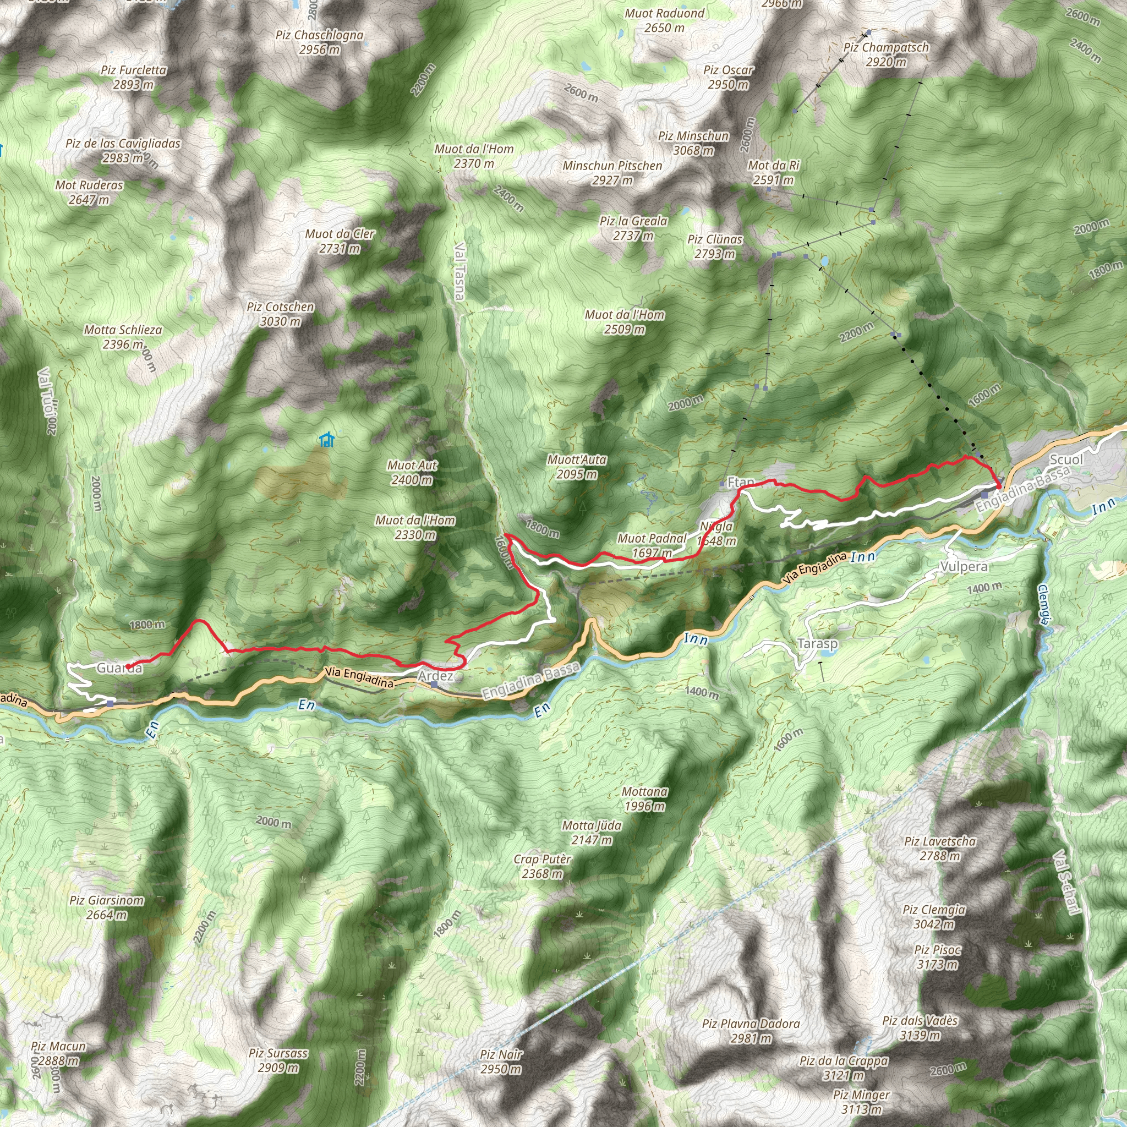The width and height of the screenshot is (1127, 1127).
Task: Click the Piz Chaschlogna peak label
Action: pyautogui.click(x=319, y=42)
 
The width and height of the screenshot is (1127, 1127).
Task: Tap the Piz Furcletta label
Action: pyautogui.click(x=134, y=77)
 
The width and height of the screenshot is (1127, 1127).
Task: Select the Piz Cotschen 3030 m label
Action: pyautogui.click(x=280, y=314)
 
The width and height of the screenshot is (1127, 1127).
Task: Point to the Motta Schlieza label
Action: pyautogui.click(x=123, y=337)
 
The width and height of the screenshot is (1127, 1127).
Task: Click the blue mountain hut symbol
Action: pyautogui.click(x=327, y=439)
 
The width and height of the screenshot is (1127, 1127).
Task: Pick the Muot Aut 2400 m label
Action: pyautogui.click(x=412, y=473)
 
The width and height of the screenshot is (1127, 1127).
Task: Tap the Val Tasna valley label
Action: pyautogui.click(x=459, y=271)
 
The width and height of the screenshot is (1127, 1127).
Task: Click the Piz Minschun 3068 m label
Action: pyautogui.click(x=693, y=143)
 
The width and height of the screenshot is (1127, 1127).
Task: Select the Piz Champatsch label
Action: pyautogui.click(x=886, y=54)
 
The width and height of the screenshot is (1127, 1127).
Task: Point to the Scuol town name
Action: pyautogui.click(x=1066, y=459)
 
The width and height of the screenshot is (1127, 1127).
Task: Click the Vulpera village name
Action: pyautogui.click(x=964, y=566)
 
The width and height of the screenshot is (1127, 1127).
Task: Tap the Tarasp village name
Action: pyautogui.click(x=817, y=643)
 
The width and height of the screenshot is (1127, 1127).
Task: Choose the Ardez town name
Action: pyautogui.click(x=436, y=676)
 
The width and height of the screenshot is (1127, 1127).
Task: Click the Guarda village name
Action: pyautogui.click(x=119, y=668)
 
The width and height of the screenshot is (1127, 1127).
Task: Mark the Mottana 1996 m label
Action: pyautogui.click(x=644, y=798)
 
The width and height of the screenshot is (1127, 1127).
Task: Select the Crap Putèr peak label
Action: pyautogui.click(x=542, y=866)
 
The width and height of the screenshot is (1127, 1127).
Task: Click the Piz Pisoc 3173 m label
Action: pyautogui.click(x=937, y=956)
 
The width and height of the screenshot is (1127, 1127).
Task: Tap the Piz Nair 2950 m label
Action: pyautogui.click(x=501, y=1062)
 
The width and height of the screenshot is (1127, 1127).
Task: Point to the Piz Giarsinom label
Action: pyautogui.click(x=107, y=907)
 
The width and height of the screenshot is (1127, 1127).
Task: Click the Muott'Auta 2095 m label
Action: pyautogui.click(x=576, y=467)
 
